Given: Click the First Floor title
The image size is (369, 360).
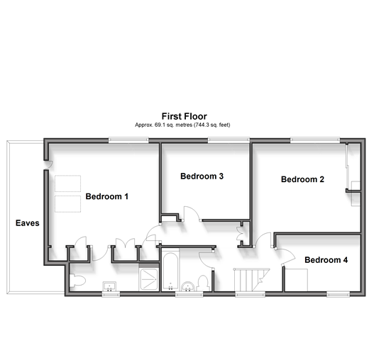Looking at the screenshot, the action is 184,116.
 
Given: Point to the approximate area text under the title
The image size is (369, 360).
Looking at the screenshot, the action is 182,125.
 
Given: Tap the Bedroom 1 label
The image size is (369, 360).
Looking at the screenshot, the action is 106,196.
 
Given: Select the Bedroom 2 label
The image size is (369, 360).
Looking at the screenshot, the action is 302,179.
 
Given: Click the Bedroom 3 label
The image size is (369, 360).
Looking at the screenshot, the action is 202,176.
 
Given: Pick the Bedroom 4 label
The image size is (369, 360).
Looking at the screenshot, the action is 326,260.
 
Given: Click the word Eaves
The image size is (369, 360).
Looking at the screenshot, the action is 28,223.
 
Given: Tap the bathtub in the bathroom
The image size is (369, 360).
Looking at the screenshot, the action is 170,271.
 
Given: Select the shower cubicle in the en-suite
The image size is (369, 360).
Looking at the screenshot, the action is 148,279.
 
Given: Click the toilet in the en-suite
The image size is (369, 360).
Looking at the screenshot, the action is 77,281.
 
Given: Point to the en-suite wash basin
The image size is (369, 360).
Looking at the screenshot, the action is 109,286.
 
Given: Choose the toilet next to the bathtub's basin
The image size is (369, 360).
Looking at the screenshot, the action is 203,283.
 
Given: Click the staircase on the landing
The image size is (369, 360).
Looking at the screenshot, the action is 251,280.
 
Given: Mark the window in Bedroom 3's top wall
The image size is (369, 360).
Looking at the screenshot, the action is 228,140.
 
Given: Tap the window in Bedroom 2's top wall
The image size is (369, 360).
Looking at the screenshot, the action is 315,140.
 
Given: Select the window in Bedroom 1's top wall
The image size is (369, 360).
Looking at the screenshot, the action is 128,140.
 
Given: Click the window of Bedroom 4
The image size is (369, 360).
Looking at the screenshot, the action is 338,293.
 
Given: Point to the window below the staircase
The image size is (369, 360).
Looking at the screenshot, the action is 250,293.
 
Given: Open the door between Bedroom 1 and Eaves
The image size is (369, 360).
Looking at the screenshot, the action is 48,164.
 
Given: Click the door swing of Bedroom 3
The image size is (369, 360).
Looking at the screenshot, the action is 192,213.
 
